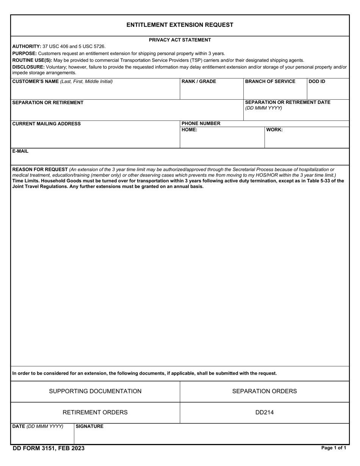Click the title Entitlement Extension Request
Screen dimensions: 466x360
[180, 25]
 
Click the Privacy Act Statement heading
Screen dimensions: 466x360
[180, 40]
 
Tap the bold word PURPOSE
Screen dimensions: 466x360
[24, 53]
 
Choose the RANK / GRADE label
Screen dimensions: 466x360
[199, 81]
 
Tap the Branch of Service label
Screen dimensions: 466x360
[270, 81]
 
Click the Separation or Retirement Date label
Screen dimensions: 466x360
[288, 103]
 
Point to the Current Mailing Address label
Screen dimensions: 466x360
[46, 124]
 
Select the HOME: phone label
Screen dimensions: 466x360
[189, 130]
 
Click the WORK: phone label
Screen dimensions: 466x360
[274, 130]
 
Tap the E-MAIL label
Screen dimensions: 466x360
[20, 151]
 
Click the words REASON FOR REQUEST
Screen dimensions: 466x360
[40, 169]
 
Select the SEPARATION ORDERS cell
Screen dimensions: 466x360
[265, 391]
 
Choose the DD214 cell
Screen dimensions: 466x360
[265, 413]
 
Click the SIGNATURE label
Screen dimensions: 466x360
[89, 427]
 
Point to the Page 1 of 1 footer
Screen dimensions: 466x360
[333, 448]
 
